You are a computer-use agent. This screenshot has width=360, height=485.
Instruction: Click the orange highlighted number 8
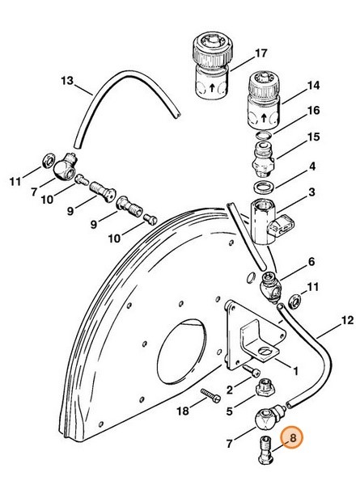pyautogui.click(x=291, y=437)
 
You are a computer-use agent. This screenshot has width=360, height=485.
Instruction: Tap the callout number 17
pyautogui.click(x=261, y=53)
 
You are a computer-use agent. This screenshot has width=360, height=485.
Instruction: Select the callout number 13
pyautogui.click(x=67, y=81)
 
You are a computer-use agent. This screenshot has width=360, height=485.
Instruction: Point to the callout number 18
pyautogui.click(x=183, y=411)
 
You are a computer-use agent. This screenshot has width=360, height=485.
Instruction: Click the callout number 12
pyautogui.click(x=347, y=320)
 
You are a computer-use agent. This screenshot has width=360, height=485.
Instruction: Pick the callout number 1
pyautogui.click(x=295, y=371)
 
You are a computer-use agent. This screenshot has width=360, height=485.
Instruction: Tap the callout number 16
pyautogui.click(x=313, y=110)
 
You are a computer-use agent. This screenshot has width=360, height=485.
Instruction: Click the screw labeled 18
pyautogui.click(x=211, y=395)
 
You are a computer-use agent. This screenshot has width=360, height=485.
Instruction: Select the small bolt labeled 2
pyautogui.click(x=252, y=370)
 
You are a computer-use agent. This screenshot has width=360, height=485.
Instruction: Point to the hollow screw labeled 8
pyautogui.click(x=265, y=451)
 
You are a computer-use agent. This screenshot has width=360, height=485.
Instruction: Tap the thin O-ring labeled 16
pyautogui.click(x=264, y=134)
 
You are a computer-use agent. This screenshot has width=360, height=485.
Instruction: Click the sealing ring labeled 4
pyautogui.click(x=264, y=187)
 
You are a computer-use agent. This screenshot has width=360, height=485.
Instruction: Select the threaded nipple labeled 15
pyautogui.click(x=264, y=158)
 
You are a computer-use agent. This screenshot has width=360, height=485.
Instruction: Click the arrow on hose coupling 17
pyautogui.click(x=212, y=88)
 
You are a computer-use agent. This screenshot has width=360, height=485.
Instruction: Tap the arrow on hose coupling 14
pyautogui.click(x=264, y=118)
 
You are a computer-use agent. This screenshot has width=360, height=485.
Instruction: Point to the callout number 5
pyautogui.click(x=230, y=411)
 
